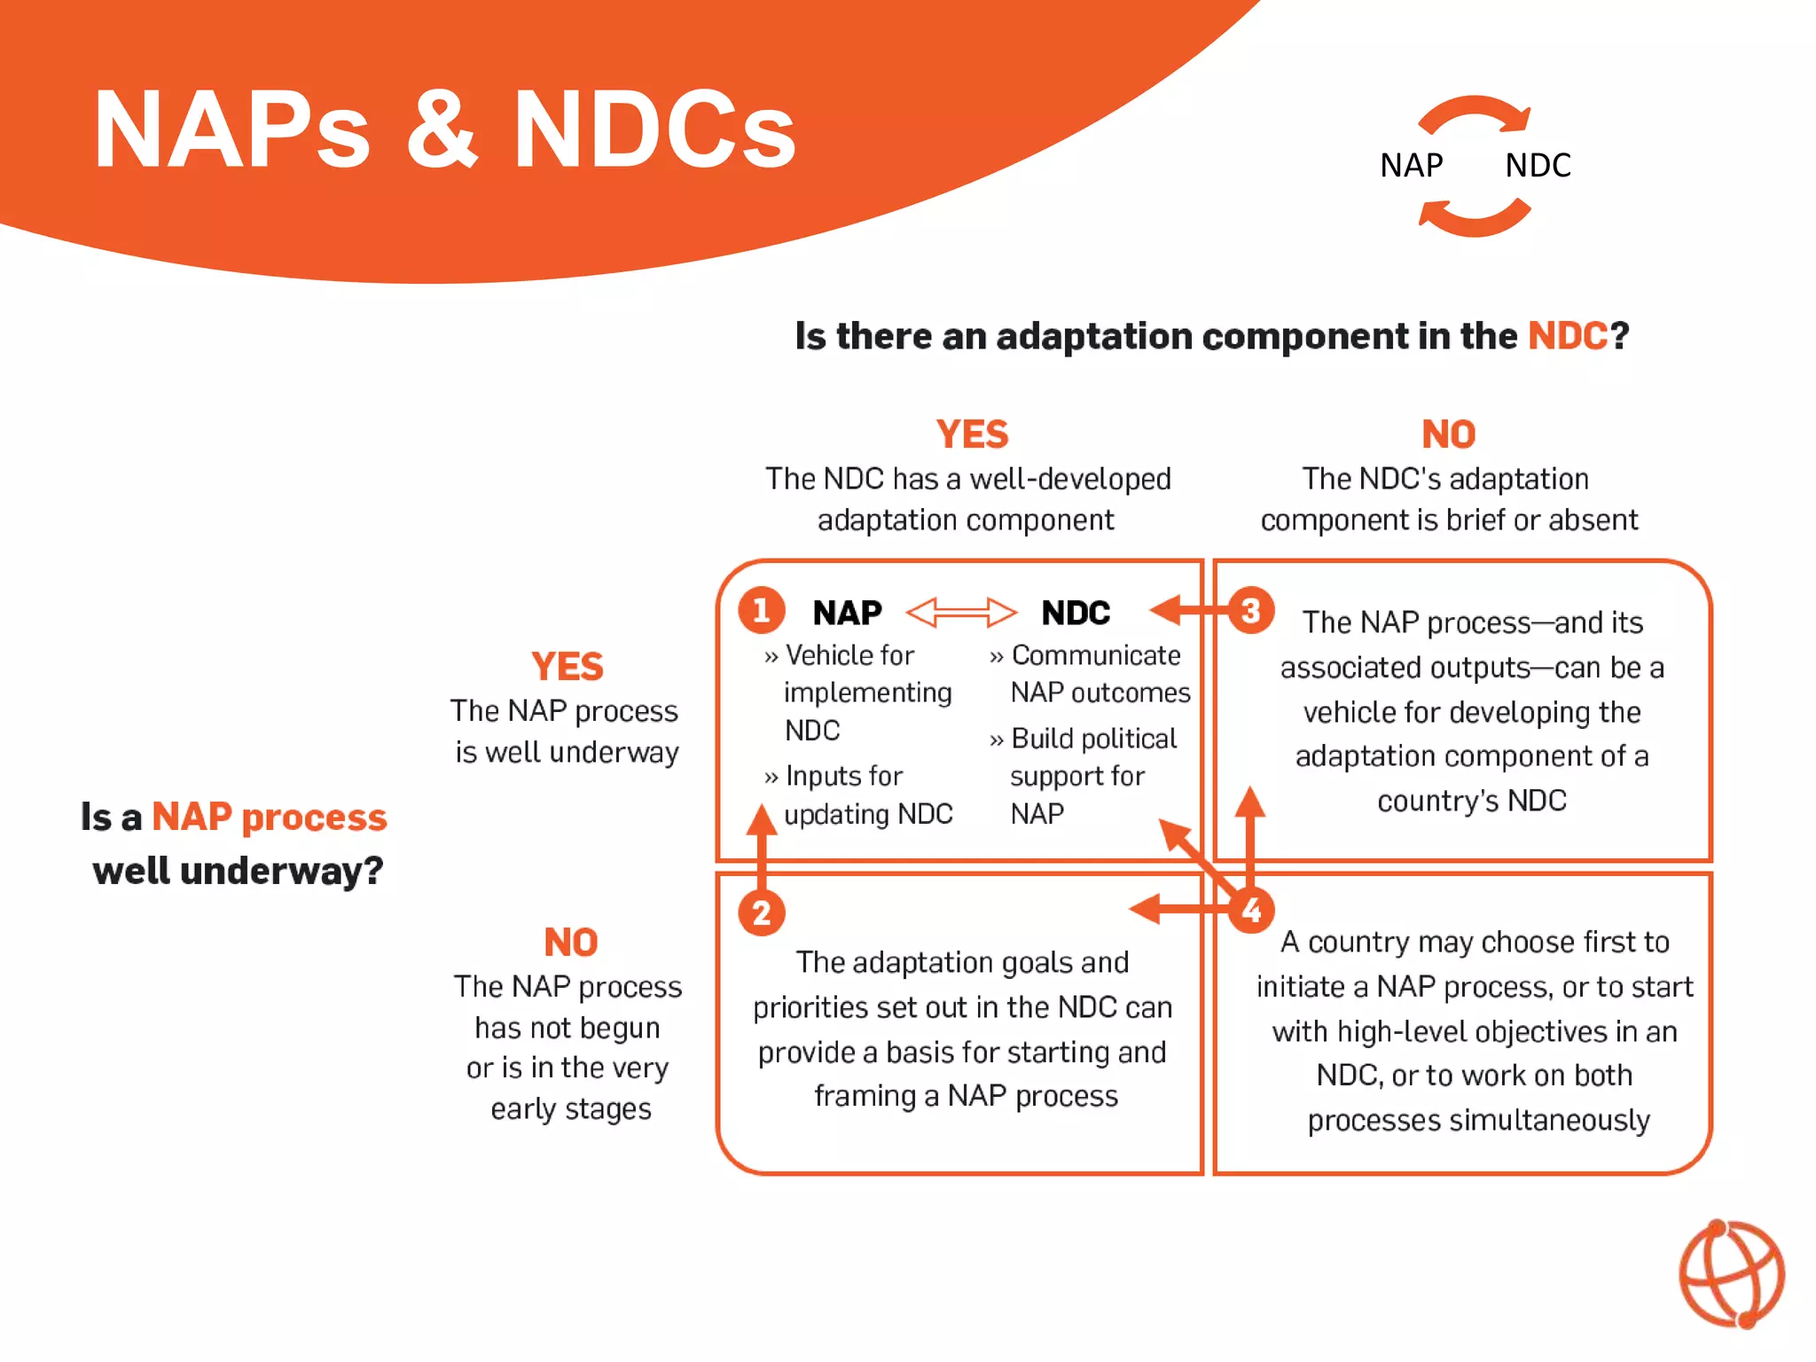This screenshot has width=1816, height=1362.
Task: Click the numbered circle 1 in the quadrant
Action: point(761,610)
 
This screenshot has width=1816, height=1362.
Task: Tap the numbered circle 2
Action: point(761,912)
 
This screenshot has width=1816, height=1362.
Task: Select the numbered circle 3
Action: point(1251,610)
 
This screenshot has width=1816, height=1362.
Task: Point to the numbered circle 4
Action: point(1251,911)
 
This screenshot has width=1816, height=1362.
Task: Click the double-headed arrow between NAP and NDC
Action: point(961,612)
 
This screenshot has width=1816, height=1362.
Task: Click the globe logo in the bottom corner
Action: point(1731,1274)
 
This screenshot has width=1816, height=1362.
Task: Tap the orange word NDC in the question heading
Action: point(1567,336)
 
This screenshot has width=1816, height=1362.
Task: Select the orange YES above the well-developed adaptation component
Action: point(972,434)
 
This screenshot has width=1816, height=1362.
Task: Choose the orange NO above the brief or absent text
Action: point(1448,434)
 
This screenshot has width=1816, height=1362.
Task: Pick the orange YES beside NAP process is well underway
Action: point(567,667)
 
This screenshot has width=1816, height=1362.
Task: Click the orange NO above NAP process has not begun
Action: point(570,942)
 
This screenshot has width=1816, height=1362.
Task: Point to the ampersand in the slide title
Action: point(442,129)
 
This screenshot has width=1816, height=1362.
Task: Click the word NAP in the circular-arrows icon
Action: point(1411,165)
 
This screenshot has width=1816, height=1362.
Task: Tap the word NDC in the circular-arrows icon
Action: point(1538,165)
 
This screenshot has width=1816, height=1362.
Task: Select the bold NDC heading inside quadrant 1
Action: point(1075,613)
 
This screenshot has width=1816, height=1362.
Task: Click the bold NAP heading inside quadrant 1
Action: point(847,613)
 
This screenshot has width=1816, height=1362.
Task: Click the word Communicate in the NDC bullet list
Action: point(1096,655)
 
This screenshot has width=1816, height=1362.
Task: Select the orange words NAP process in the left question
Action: point(269,817)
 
